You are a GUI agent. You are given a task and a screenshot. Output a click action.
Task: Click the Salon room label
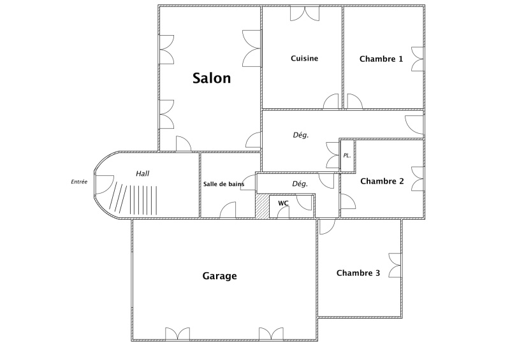212,78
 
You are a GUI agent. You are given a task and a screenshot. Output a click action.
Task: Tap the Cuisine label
305,59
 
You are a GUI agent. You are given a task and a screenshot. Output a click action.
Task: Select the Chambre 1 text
381,59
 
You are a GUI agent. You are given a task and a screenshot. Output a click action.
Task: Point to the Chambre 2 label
382,181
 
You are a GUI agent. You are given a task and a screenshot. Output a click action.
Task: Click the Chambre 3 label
358,273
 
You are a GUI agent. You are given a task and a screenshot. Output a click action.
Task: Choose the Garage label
219,276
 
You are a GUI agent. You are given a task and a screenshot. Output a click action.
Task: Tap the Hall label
142,174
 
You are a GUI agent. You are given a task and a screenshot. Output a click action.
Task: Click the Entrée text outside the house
79,182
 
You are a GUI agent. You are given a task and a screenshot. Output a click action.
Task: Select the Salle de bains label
224,184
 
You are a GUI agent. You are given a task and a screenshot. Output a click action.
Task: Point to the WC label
283,203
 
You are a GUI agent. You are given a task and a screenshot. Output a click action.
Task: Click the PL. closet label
347,155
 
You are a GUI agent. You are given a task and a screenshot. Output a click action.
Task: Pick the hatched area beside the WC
262,206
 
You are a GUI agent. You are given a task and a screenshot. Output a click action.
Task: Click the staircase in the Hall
133,198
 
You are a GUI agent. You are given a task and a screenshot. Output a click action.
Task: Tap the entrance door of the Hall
104,185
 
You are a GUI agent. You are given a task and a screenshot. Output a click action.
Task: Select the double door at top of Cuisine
305,13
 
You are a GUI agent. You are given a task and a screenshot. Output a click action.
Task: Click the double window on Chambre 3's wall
395,265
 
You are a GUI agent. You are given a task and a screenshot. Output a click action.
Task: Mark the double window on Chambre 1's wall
418,59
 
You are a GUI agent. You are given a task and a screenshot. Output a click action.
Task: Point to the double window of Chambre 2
418,179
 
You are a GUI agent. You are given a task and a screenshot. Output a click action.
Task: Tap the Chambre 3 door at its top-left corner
327,227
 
